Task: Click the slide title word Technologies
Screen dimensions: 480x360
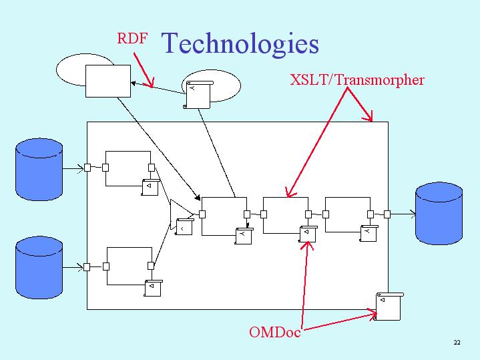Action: point(240,44)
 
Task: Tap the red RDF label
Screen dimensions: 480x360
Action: point(132,38)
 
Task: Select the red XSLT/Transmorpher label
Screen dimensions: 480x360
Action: point(357,79)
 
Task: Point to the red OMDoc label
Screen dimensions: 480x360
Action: point(274,332)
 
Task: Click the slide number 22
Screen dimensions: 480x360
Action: point(457,342)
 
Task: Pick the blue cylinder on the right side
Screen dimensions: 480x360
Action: point(439,214)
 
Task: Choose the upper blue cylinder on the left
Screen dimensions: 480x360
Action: point(39,170)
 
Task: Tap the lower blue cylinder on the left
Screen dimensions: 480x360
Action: point(39,267)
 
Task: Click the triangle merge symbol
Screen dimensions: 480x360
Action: point(181,214)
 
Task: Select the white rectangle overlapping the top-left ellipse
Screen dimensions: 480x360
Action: point(108,81)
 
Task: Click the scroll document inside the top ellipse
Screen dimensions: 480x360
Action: point(198,95)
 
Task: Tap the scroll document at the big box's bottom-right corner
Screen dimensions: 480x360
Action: point(388,307)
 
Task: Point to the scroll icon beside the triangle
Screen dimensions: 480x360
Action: point(184,226)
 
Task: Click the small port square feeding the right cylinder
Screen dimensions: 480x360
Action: point(387,214)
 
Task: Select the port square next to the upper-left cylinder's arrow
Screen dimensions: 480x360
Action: point(87,168)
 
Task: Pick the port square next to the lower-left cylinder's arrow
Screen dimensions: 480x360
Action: point(87,267)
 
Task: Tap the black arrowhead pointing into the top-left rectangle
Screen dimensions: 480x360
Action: point(133,83)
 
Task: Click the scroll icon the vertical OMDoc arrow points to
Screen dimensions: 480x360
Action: point(308,234)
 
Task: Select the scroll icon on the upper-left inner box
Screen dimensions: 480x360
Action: point(150,187)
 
